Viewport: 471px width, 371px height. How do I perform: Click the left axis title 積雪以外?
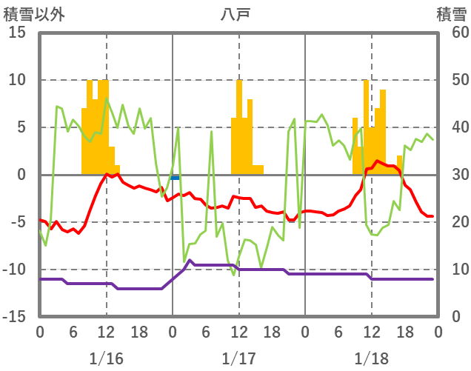tap(34, 14)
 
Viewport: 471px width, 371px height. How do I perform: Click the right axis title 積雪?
tap(451, 14)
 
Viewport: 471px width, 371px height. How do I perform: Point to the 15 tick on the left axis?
tap(18, 33)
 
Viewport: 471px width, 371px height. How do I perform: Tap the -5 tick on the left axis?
tap(18, 222)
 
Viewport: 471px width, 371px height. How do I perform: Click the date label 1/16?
tap(106, 358)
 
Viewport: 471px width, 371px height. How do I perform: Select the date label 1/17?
tap(238, 358)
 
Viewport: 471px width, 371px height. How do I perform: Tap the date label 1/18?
tap(371, 358)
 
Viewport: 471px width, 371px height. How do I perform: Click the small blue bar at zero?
tap(175, 177)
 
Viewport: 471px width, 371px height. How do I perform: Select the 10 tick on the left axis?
tap(18, 80)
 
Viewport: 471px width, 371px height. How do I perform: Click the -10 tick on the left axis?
tap(15, 269)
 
